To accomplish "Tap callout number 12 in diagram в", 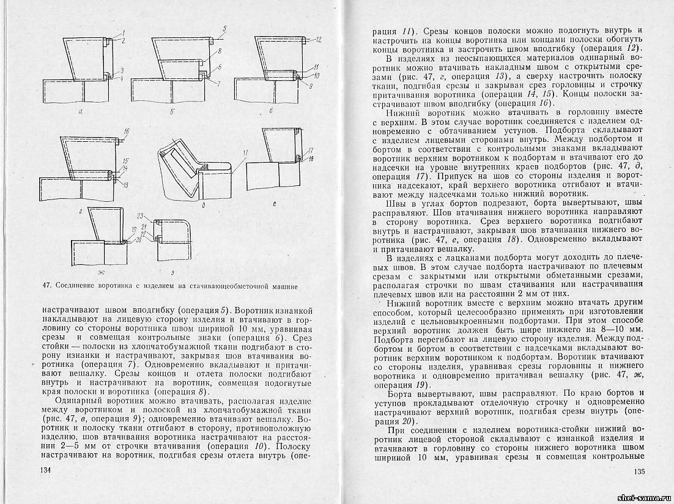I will pos(319,39).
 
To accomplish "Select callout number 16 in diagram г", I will pos(127,132).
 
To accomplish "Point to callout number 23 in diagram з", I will pos(139,216).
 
